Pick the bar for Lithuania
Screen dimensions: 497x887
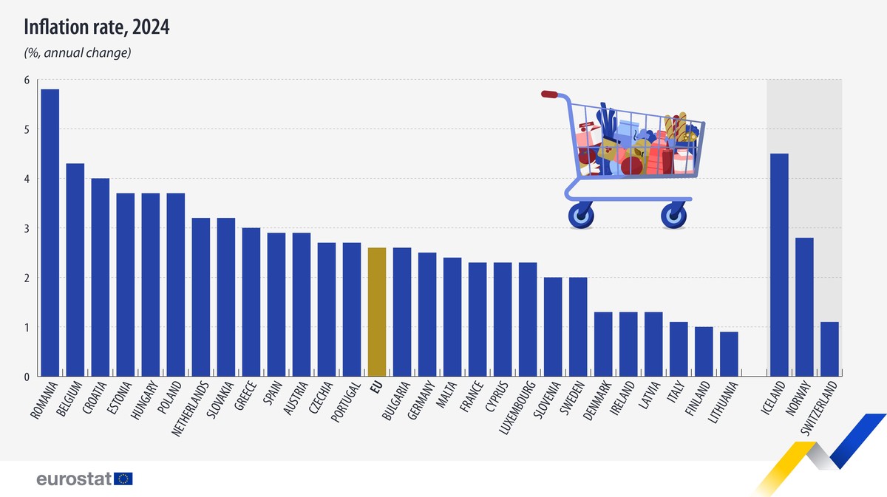pyautogui.click(x=728, y=354)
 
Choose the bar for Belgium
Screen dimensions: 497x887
pyautogui.click(x=75, y=270)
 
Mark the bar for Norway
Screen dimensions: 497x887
pyautogui.click(x=804, y=306)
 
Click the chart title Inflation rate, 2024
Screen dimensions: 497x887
pyautogui.click(x=97, y=27)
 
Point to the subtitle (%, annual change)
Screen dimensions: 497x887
pyautogui.click(x=78, y=53)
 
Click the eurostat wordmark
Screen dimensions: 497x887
pyautogui.click(x=74, y=479)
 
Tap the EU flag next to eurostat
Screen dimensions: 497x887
pyautogui.click(x=123, y=479)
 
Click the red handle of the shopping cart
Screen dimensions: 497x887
pyautogui.click(x=549, y=94)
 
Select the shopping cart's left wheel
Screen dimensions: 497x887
pyautogui.click(x=580, y=216)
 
